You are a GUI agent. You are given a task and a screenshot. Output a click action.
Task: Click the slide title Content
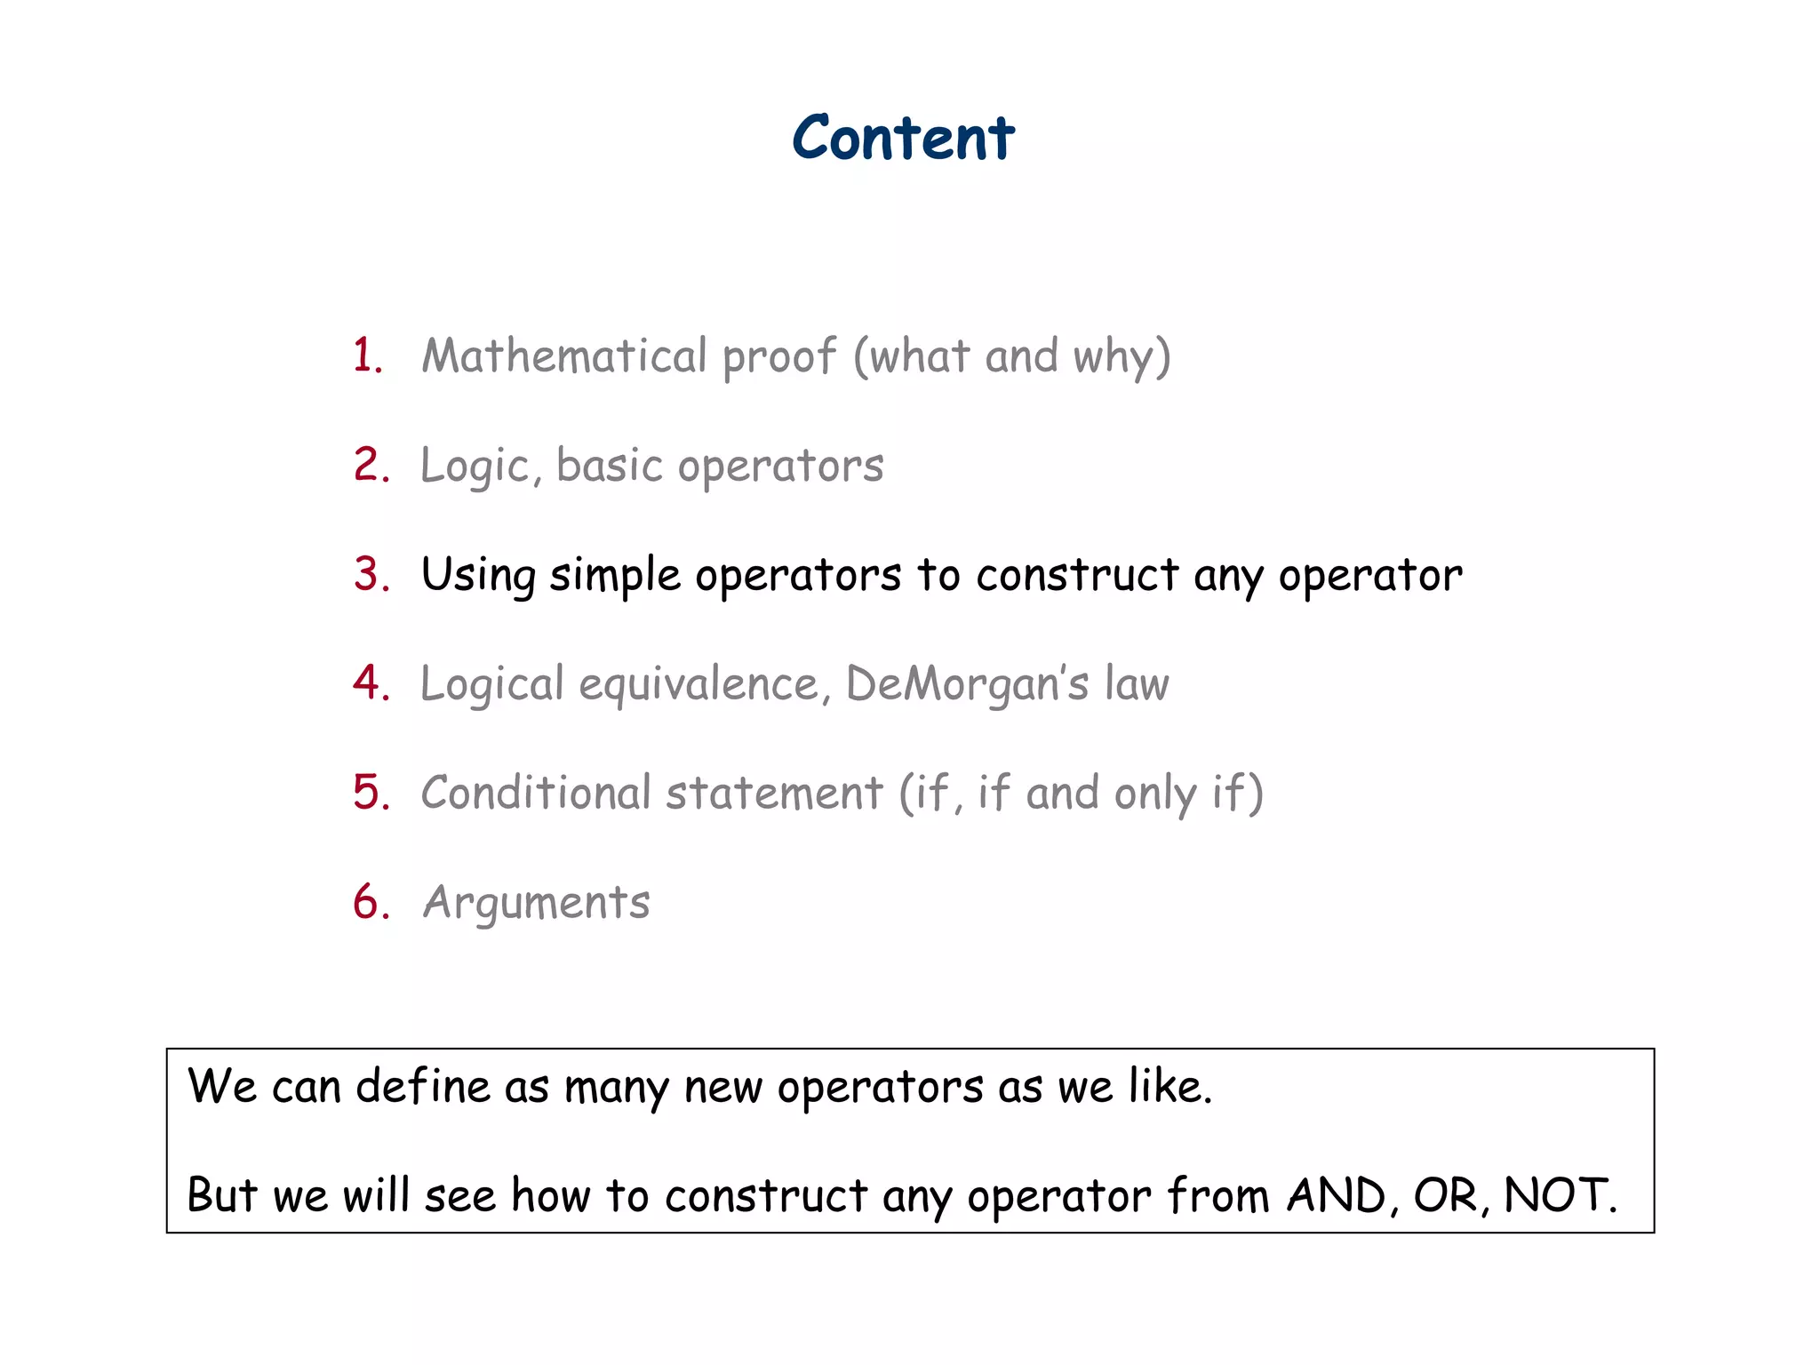point(903,139)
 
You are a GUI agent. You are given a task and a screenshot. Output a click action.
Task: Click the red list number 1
point(366,355)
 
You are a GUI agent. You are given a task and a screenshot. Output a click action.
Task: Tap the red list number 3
point(371,574)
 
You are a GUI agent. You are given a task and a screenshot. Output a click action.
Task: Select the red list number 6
point(371,902)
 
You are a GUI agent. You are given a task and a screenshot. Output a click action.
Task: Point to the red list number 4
point(371,683)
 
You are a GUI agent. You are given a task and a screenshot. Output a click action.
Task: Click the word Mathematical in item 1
point(563,355)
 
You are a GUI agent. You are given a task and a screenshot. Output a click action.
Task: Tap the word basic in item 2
point(610,465)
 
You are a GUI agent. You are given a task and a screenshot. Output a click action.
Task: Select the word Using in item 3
point(478,576)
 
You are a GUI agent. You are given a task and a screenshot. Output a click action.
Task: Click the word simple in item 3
point(615,576)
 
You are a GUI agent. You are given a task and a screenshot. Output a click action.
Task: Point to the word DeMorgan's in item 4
point(967,684)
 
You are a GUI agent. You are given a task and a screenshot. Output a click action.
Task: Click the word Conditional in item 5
point(535,793)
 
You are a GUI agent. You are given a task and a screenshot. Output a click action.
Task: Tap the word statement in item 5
point(774,793)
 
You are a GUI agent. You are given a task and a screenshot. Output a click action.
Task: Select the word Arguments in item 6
point(536,903)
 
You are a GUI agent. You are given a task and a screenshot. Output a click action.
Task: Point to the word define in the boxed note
point(423,1086)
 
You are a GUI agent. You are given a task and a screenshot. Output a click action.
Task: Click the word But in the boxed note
point(221,1195)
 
